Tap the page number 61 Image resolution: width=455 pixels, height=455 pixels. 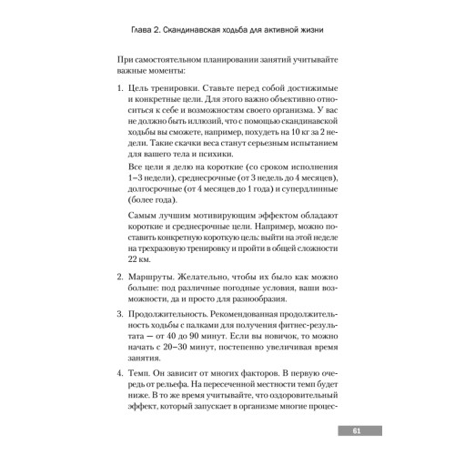coord(359,430)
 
